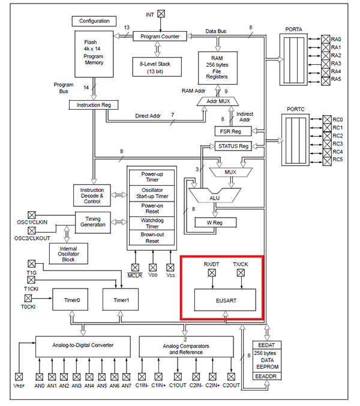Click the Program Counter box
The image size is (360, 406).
point(160,37)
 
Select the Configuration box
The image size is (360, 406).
point(94,22)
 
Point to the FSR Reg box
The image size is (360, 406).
point(232,131)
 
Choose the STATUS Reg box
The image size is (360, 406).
point(232,146)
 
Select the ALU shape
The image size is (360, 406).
point(212,197)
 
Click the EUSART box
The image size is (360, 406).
point(224,299)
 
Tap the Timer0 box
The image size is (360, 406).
point(67,298)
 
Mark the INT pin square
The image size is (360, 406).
point(160,13)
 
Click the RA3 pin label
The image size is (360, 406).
point(336,63)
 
